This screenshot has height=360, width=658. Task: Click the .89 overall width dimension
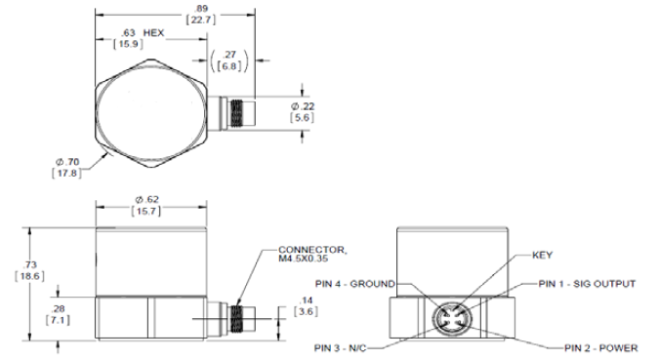point(202,9)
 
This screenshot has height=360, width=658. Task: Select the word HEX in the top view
point(153,33)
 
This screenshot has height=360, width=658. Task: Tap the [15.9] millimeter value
point(129,44)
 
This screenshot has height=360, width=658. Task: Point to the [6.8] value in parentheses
point(229,66)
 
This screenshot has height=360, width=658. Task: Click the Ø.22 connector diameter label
point(302,106)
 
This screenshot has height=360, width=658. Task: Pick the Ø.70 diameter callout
point(67,162)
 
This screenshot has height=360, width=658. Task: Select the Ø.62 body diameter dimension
point(146,199)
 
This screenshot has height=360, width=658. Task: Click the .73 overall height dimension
point(30,264)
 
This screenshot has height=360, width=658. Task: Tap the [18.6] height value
point(29,276)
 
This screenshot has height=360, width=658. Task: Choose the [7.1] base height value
point(58,320)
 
